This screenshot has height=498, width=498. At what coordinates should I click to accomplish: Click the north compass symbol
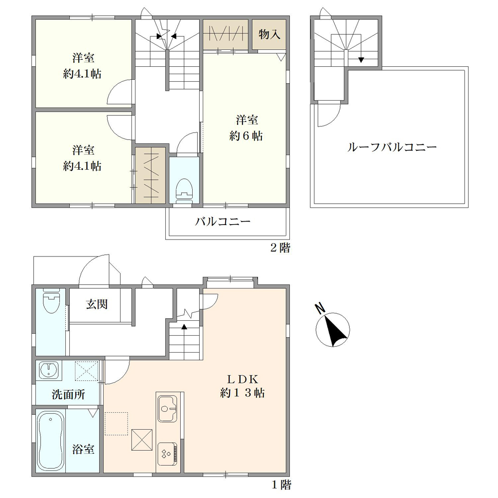[x=332, y=329]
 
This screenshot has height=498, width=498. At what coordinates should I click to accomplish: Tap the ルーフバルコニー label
[x=392, y=147]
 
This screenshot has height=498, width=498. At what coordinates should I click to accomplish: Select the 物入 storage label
[x=269, y=34]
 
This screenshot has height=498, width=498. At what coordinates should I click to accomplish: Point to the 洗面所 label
[x=68, y=394]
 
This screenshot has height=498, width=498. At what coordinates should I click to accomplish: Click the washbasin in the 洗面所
[x=49, y=371]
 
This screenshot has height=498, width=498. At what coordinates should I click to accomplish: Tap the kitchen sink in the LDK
[x=167, y=409]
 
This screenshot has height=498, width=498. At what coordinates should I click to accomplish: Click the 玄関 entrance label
[x=97, y=304]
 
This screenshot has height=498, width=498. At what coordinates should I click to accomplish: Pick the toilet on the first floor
[x=51, y=300]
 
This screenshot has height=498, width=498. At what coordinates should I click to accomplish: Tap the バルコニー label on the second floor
[x=223, y=222]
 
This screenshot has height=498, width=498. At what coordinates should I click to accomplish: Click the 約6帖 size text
[x=246, y=136]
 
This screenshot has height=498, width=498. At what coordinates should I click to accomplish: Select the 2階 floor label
[x=280, y=248]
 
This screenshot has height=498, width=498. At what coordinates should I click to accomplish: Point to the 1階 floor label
[x=281, y=485]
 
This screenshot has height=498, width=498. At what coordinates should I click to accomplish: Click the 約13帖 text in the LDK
[x=243, y=393]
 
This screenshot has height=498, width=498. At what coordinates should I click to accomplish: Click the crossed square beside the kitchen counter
[x=142, y=440]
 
